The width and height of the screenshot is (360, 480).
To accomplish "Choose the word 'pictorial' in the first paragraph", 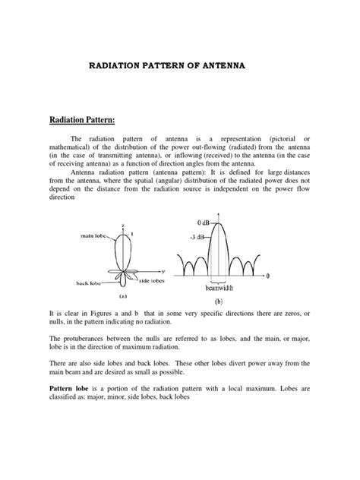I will (284, 140).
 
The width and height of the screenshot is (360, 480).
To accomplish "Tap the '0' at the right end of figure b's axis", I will (269, 273).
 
